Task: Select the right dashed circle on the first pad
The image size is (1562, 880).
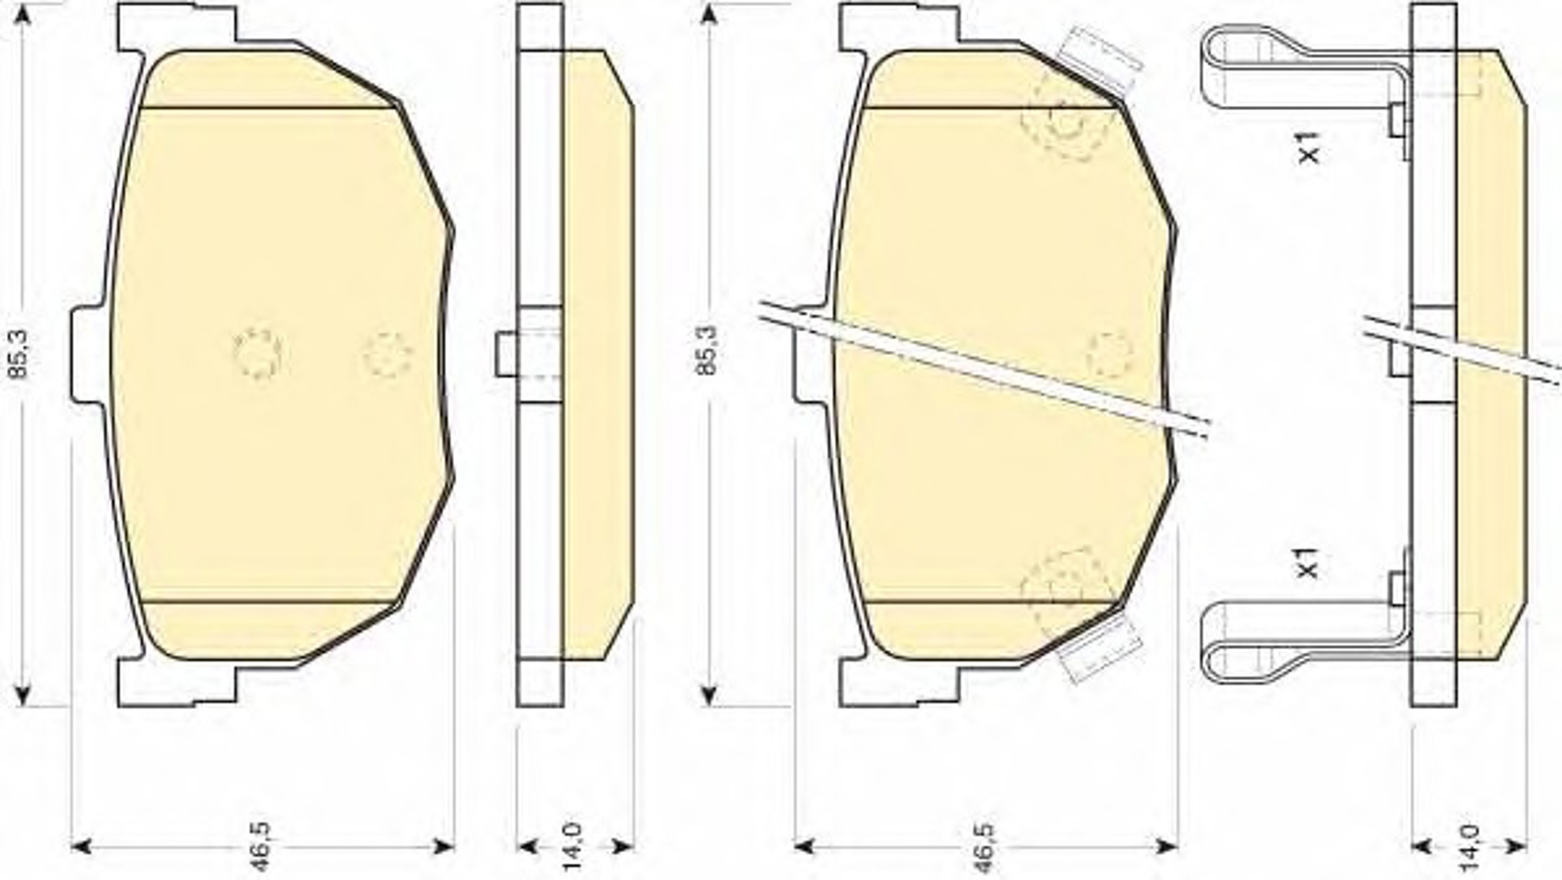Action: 388,355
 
